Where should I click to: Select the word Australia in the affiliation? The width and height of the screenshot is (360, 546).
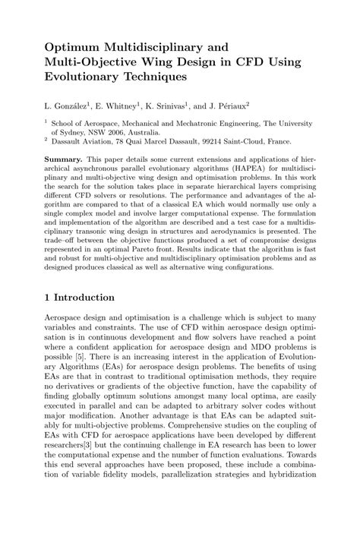pyautogui.click(x=157, y=131)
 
